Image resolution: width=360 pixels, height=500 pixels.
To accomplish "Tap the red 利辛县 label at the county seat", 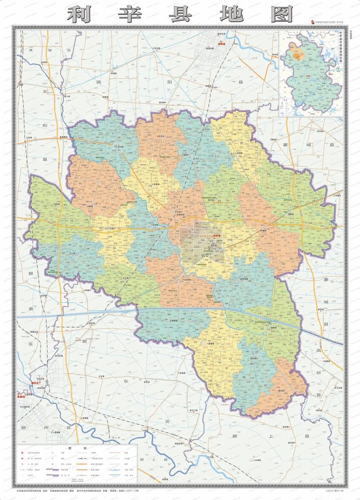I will [216, 236].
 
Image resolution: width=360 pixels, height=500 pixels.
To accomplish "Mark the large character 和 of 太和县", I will [45, 126].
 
